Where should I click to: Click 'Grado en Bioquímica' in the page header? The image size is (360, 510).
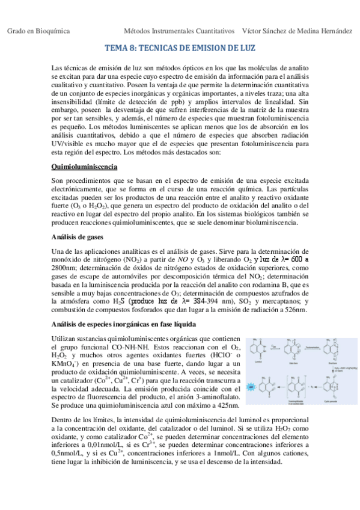(38, 30)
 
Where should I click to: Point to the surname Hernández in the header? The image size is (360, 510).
(332, 30)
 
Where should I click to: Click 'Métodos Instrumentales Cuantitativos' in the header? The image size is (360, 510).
(178, 30)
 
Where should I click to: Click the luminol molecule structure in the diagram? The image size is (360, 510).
(259, 350)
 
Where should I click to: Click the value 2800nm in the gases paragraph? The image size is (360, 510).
(65, 268)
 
